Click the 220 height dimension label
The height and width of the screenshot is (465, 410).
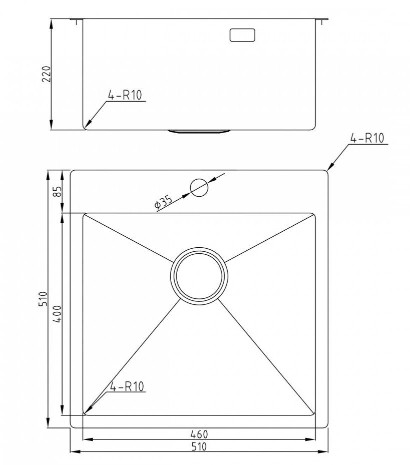pos(47,74)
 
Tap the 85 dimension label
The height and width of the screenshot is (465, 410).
pos(57,191)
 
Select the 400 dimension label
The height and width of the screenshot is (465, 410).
pos(57,314)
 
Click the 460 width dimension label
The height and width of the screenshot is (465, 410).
pos(199,434)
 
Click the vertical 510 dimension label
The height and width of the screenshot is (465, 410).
pos(44,299)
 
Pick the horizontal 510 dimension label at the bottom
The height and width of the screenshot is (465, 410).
pos(199,446)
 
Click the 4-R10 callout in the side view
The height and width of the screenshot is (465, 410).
pos(125,95)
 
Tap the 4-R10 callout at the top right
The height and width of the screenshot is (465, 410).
pos(367,138)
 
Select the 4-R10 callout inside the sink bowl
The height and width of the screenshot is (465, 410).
pos(127,386)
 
